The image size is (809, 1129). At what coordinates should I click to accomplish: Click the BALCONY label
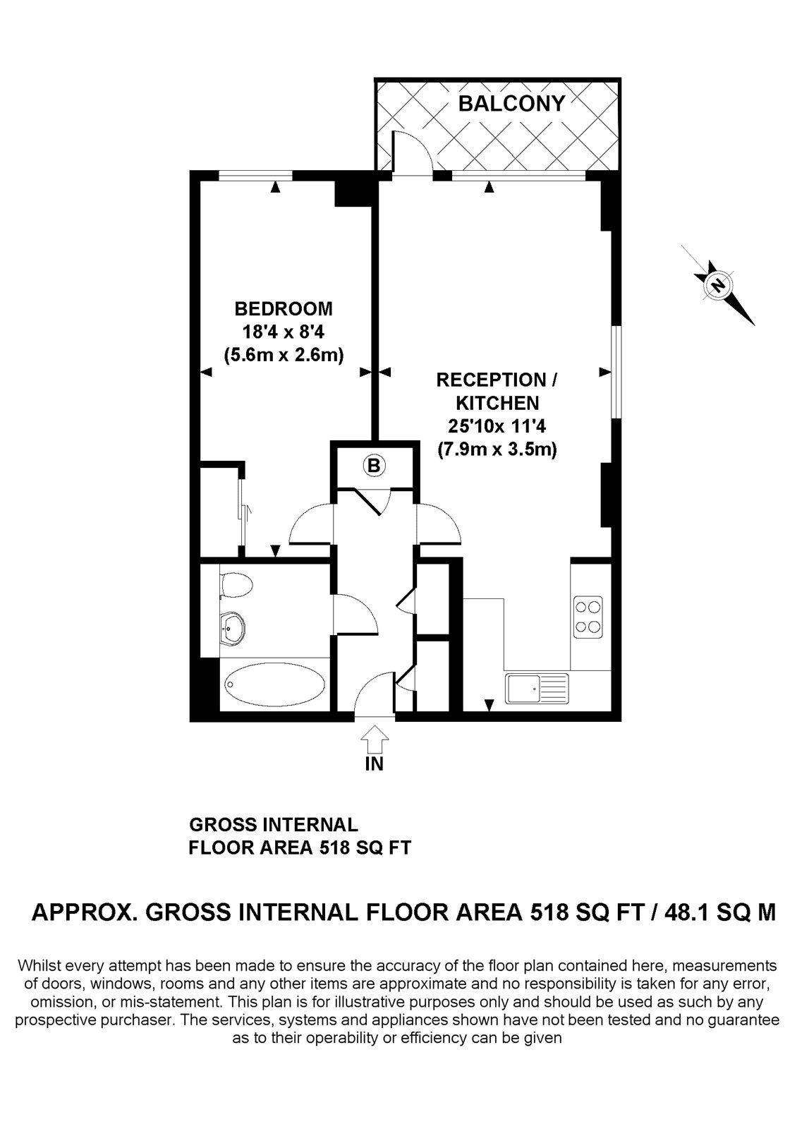pos(511,103)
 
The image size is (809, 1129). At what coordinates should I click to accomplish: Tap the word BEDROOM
pos(284,308)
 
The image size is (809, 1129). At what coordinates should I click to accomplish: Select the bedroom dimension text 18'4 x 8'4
pos(284,332)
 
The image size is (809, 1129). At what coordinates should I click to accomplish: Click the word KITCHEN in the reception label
pos(497,403)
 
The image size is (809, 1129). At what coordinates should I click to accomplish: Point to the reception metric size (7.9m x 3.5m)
pos(497,449)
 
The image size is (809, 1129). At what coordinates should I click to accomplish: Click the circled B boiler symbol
pos(374,465)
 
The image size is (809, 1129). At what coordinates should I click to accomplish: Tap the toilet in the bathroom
pos(236,586)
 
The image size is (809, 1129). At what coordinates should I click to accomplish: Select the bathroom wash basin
pos(233,629)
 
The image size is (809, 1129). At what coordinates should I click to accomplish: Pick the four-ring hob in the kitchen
pos(588,618)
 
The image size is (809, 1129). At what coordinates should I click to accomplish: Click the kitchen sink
pos(537,688)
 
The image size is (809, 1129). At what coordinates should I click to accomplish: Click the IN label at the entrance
pos(375,764)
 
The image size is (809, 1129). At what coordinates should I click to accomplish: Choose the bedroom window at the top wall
pos(255,176)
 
